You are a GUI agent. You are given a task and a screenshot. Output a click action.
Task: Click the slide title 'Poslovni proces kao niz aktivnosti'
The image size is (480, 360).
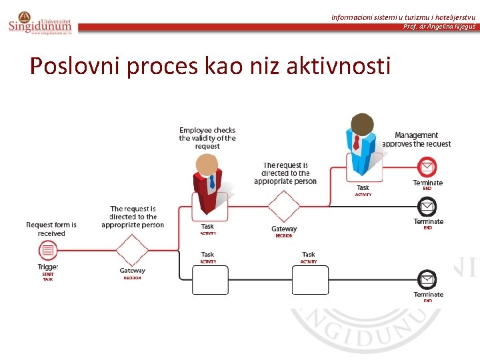210,66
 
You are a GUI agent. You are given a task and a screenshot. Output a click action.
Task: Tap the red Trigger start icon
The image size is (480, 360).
47,251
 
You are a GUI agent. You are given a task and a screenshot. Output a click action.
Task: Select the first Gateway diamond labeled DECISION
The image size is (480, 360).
132,251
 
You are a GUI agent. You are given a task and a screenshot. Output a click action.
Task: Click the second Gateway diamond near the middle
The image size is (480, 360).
284,207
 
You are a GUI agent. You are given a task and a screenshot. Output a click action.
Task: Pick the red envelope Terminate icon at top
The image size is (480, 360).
427,166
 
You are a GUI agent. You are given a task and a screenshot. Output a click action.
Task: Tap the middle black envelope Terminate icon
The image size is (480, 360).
427,206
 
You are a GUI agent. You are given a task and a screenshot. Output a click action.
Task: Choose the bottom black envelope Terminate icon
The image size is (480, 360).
427,279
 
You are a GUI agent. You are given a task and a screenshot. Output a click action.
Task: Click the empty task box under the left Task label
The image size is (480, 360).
210,279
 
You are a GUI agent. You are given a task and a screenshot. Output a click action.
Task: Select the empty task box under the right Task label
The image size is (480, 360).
310,279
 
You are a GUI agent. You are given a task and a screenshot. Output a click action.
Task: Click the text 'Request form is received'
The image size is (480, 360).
51,229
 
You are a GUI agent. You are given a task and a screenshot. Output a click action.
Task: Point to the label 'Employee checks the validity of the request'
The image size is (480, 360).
207,138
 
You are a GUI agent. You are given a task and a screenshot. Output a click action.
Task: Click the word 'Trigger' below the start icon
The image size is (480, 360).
48,267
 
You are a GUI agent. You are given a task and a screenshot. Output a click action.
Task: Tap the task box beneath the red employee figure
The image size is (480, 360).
209,207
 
